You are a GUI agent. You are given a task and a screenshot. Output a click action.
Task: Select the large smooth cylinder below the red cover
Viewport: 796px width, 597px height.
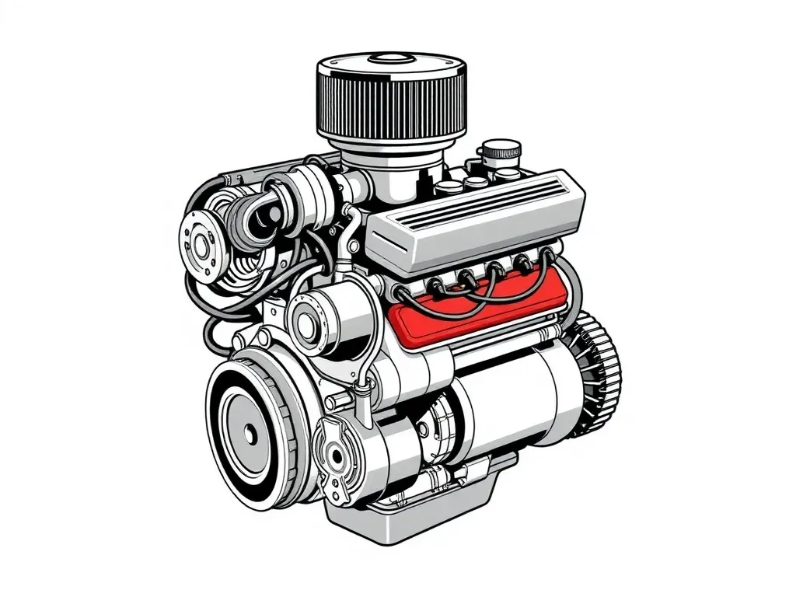coord(513,396)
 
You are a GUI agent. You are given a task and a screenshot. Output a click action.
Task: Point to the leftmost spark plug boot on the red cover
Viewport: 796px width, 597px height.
coord(404,294)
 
